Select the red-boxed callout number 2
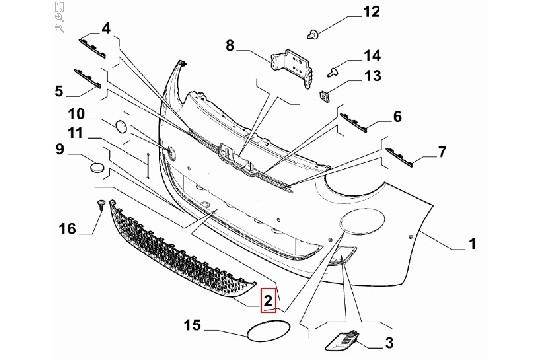[268, 299]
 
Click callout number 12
[344, 13]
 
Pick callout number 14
[343, 56]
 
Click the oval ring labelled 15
[263, 332]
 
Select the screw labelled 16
[102, 207]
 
